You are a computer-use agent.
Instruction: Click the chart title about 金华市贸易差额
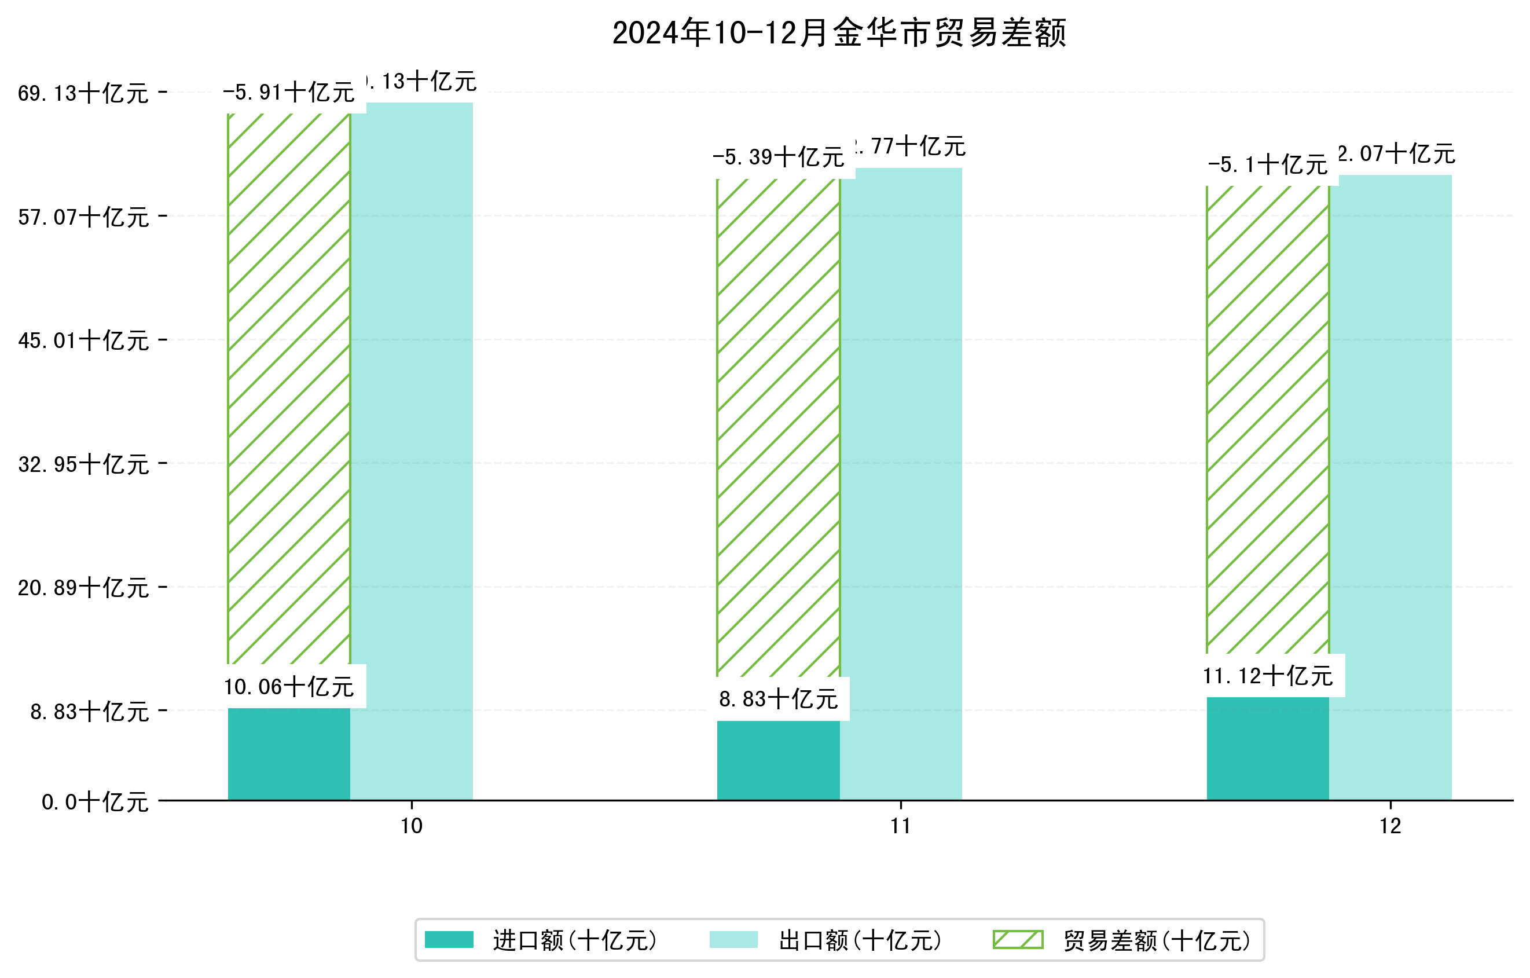[839, 33]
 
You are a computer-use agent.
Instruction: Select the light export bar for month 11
[901, 483]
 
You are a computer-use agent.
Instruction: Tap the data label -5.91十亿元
[289, 93]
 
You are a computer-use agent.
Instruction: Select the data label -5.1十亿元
[1268, 165]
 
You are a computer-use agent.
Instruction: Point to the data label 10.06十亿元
[289, 687]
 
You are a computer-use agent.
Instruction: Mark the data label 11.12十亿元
[1268, 676]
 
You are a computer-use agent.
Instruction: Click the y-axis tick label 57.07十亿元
[83, 217]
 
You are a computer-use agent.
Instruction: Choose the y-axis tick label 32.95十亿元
[83, 464]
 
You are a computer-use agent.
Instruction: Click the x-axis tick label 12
[1390, 826]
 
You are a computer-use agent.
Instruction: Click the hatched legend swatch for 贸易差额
[1018, 940]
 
